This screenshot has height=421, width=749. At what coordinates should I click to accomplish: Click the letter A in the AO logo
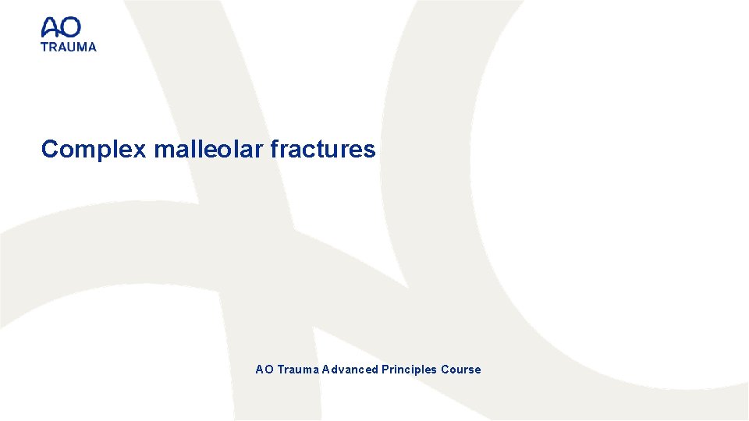[x=51, y=28]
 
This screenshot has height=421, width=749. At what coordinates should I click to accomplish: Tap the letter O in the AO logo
[x=70, y=28]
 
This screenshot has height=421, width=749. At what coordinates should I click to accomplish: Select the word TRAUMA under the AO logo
[x=69, y=47]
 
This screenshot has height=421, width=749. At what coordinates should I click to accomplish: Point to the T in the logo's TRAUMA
[x=44, y=47]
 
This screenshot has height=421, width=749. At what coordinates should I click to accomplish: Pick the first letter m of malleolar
[x=162, y=150]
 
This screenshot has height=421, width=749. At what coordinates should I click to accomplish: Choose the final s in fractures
[x=370, y=150]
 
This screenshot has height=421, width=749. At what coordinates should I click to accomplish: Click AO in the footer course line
[x=264, y=370]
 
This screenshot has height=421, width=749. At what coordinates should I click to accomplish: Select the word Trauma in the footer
[x=297, y=370]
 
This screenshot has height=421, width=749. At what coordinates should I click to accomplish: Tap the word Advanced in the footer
[x=350, y=370]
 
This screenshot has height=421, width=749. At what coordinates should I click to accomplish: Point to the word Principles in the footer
[x=409, y=370]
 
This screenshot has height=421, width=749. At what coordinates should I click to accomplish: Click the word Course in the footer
[x=461, y=370]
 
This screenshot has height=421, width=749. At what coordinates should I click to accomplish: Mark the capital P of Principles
[x=385, y=370]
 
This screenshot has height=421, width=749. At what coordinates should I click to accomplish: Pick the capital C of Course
[x=445, y=370]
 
